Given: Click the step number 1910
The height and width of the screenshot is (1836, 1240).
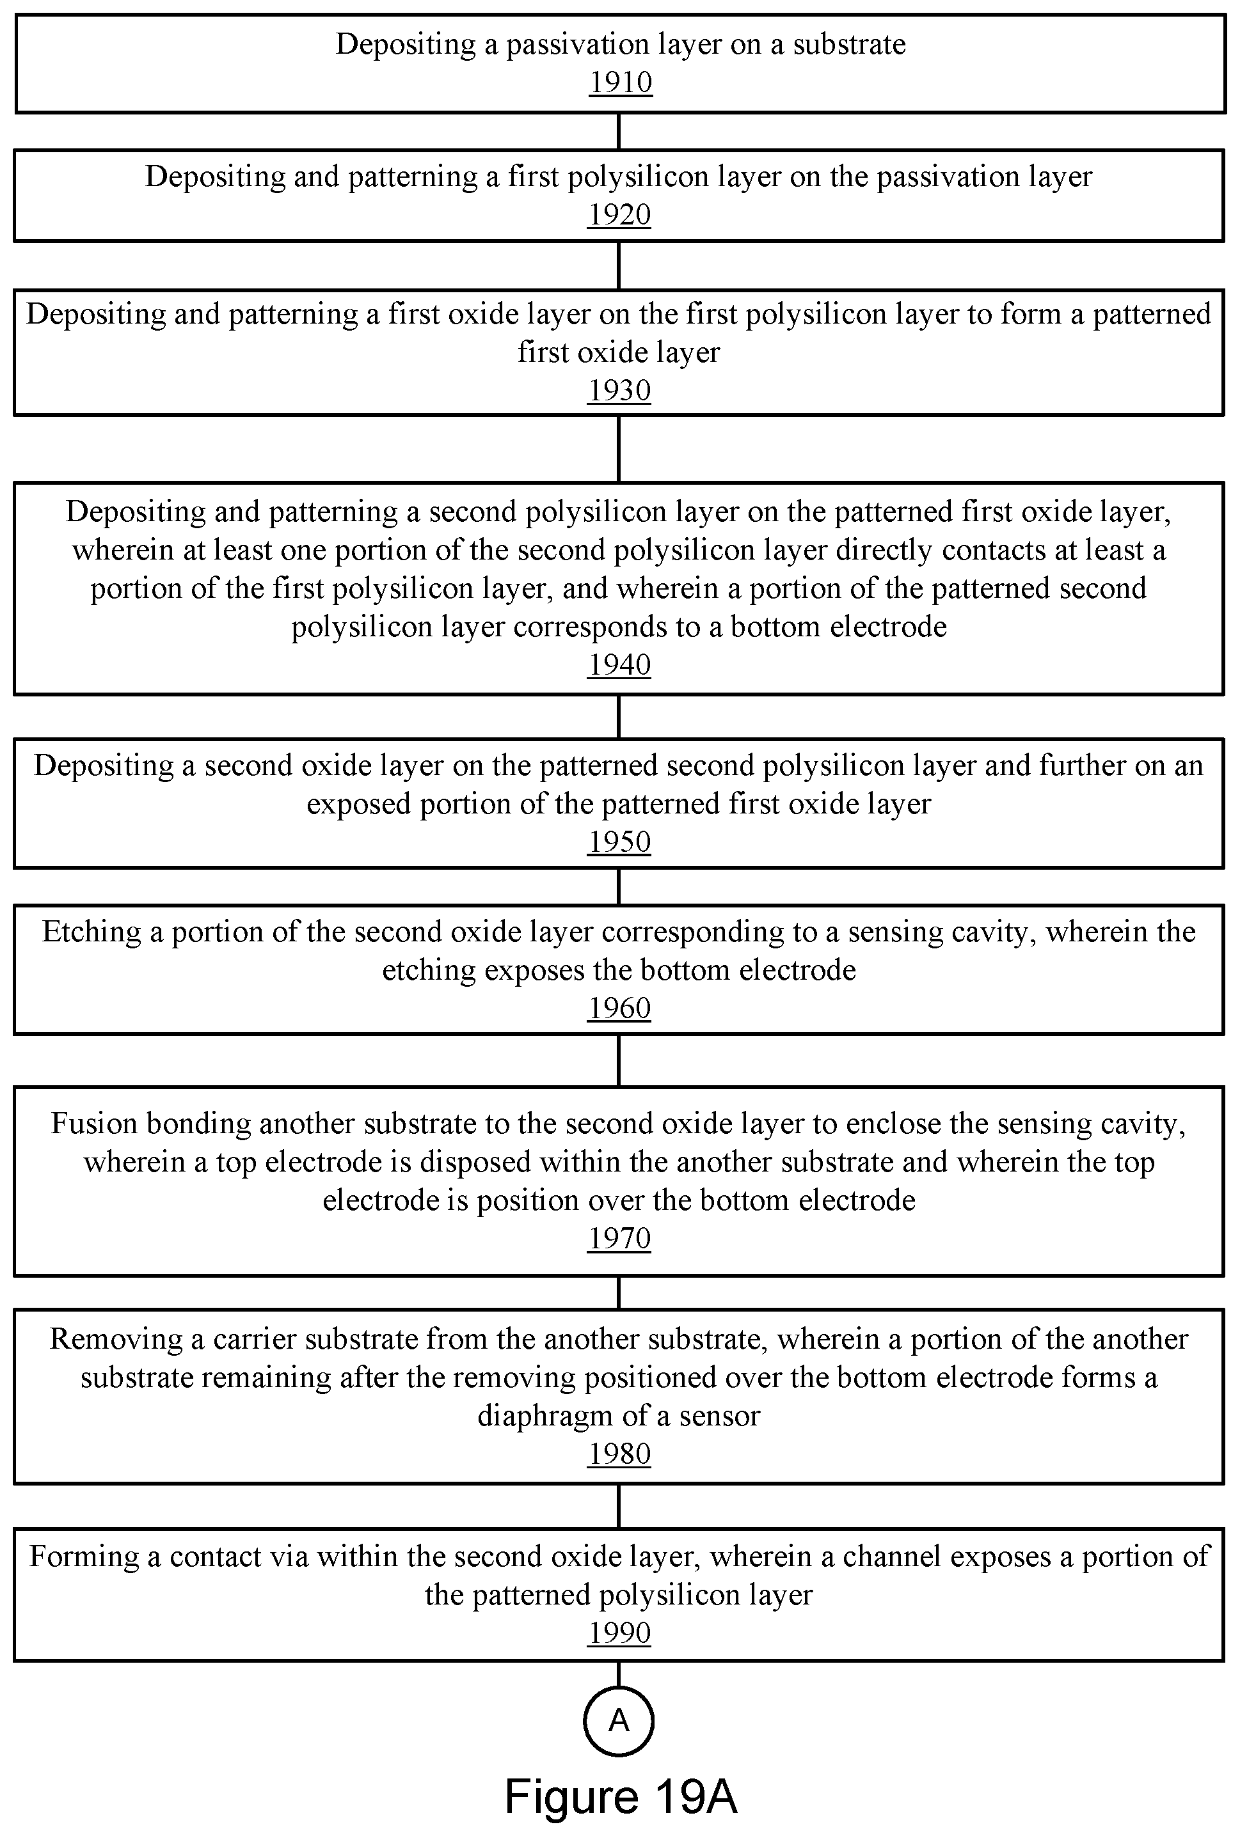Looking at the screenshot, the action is coord(621,82).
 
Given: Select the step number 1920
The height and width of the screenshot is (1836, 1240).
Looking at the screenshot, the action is coord(619,214).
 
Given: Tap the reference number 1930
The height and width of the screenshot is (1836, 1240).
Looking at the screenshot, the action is coord(619,390).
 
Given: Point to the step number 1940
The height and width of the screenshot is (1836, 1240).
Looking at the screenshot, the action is coord(619,664).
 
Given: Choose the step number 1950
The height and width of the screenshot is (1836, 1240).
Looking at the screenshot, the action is coord(619,842).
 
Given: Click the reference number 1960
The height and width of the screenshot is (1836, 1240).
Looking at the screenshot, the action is coord(619,1008).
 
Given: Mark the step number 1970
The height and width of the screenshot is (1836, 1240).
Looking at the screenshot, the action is coord(619,1238).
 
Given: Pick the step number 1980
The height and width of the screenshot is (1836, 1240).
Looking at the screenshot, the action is coord(619,1454).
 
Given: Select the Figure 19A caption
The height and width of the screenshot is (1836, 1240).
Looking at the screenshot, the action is coord(621,1796).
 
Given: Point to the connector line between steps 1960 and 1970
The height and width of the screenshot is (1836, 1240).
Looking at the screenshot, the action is coord(618,1060).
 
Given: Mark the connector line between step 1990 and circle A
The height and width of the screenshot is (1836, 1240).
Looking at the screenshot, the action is coord(618,1674).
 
